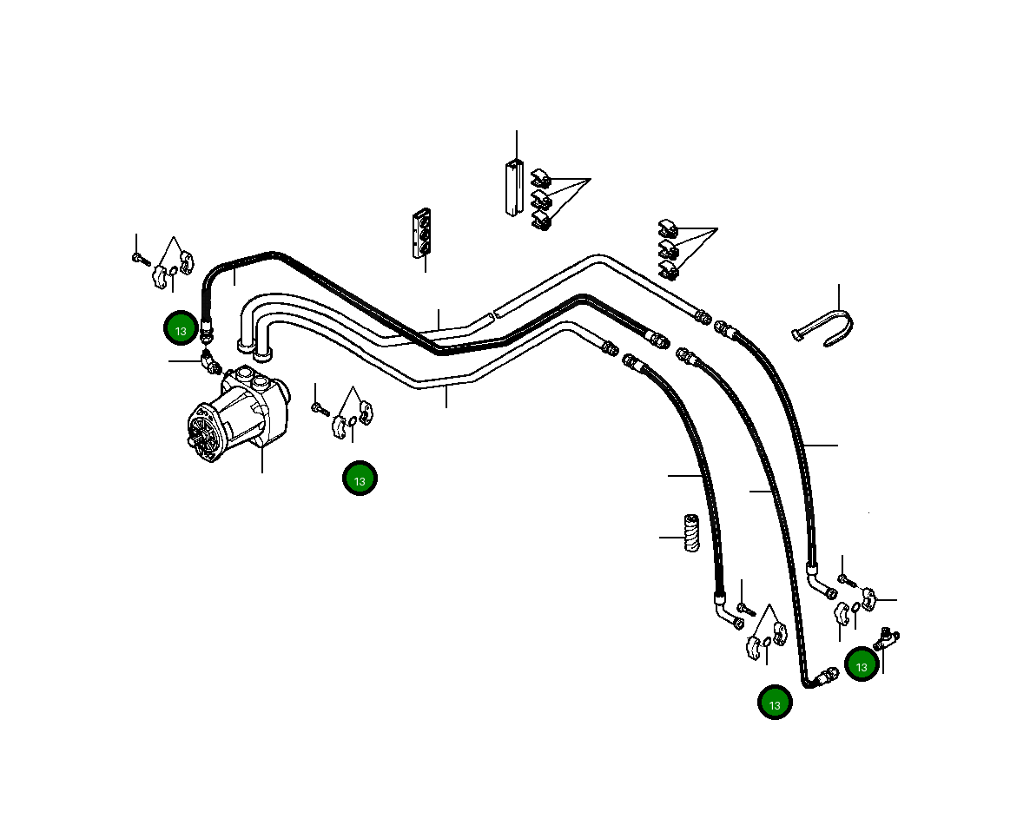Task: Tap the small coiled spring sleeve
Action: [x=691, y=532]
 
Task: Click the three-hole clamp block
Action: [x=421, y=233]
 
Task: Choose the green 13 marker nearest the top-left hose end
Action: [x=181, y=330]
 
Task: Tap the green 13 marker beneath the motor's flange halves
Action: [x=360, y=479]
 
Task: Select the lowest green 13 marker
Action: [x=775, y=703]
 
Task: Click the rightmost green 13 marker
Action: [x=862, y=665]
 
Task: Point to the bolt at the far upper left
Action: [x=139, y=257]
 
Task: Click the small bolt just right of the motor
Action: [x=319, y=406]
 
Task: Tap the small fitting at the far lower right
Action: [x=888, y=640]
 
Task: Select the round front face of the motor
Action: [x=202, y=433]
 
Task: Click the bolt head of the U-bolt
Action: [x=798, y=334]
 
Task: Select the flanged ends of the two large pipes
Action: [x=254, y=350]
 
